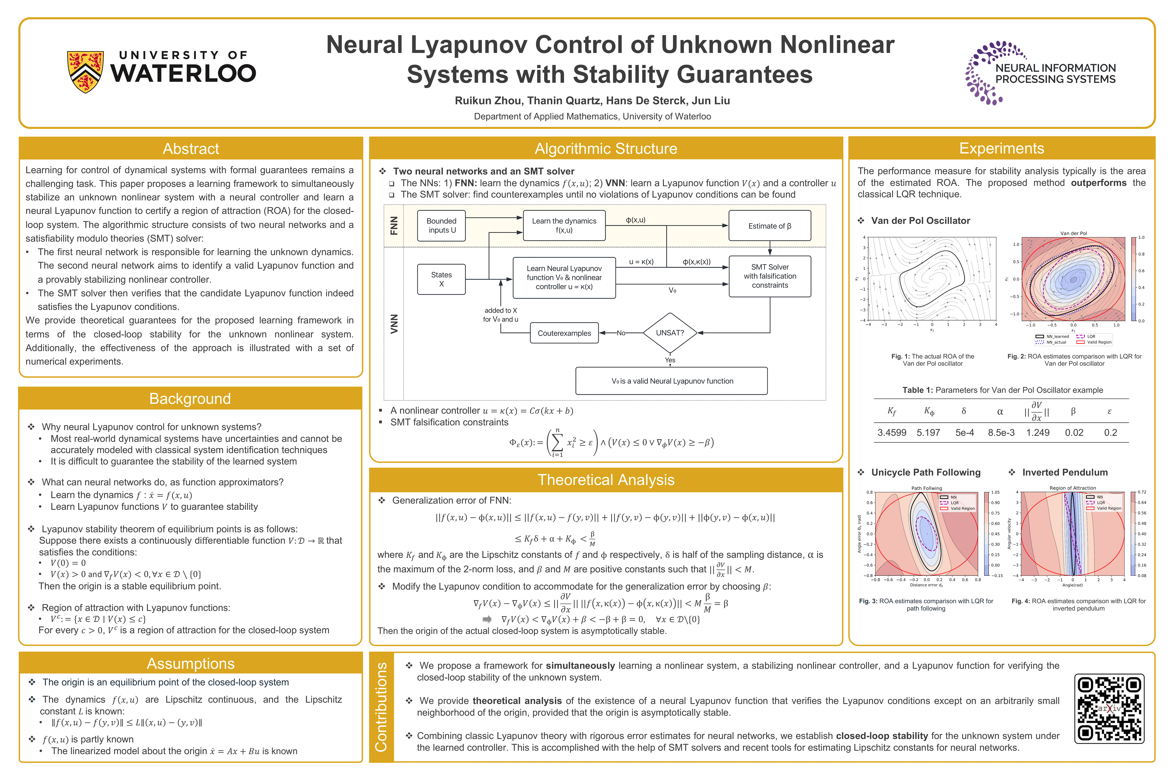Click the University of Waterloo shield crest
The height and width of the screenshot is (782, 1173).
point(85,71)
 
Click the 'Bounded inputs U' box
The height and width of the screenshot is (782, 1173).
point(442,225)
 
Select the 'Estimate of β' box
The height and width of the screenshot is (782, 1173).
point(770,226)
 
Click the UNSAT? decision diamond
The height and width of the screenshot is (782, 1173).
point(670,333)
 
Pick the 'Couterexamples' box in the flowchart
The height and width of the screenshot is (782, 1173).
point(564,333)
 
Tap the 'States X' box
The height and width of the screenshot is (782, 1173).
point(442,279)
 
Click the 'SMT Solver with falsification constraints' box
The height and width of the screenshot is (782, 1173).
point(770,276)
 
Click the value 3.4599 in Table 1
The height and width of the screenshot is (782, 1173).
point(892,432)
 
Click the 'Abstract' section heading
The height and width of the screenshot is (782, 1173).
point(191,149)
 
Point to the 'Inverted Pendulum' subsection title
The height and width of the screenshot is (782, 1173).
point(1065,472)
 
